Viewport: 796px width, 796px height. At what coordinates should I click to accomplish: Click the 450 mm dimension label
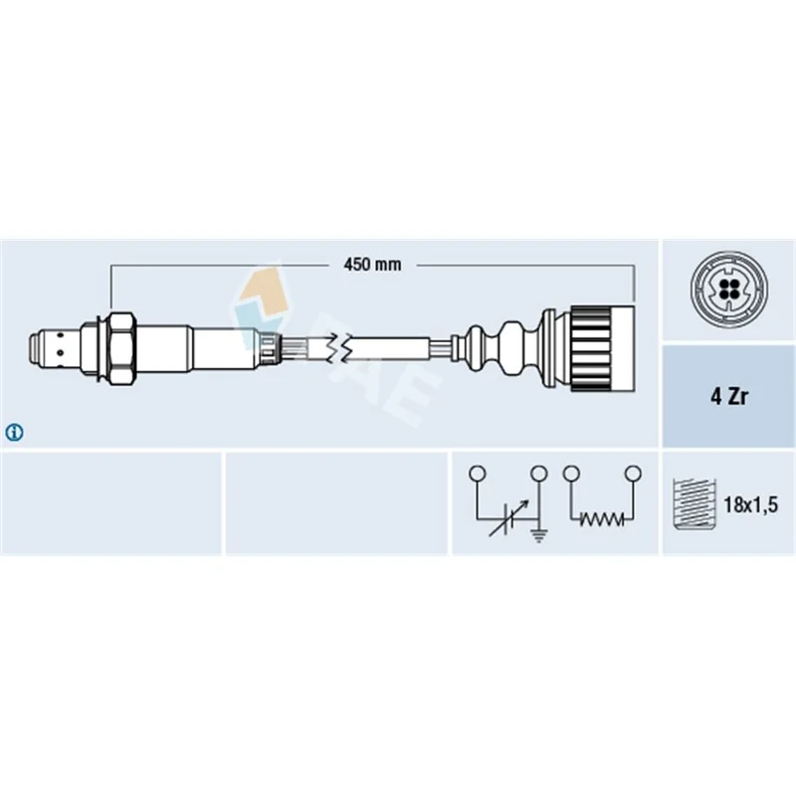click(x=372, y=265)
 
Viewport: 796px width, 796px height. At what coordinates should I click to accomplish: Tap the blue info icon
click(x=14, y=433)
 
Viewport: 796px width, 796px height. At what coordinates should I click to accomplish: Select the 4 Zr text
click(x=729, y=396)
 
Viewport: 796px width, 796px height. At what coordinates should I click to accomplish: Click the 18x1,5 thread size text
click(x=750, y=504)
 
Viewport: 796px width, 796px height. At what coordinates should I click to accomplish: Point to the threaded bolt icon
click(x=694, y=504)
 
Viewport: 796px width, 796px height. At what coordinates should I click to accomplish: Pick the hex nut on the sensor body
click(x=122, y=348)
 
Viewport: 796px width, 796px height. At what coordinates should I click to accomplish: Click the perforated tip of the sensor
click(x=53, y=348)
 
